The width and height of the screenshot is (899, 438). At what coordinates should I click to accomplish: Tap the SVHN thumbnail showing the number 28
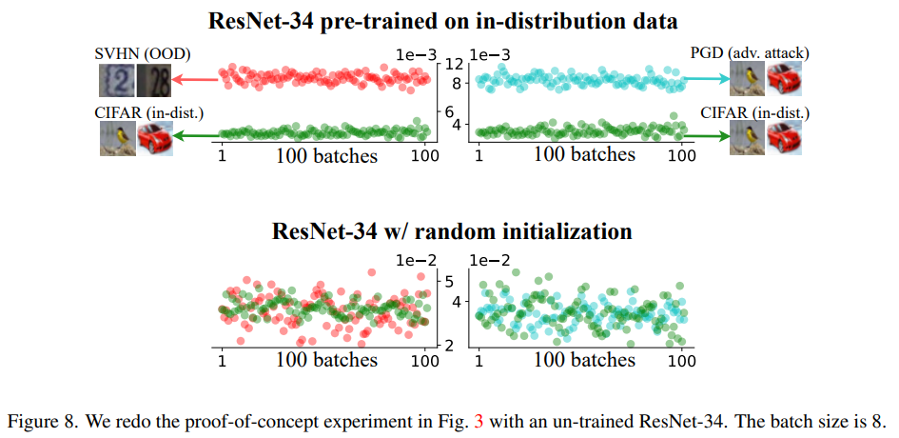pos(152,80)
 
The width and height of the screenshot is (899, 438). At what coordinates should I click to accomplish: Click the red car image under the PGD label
pos(785,80)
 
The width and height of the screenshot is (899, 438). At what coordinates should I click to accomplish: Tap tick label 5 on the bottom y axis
pos(452,281)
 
